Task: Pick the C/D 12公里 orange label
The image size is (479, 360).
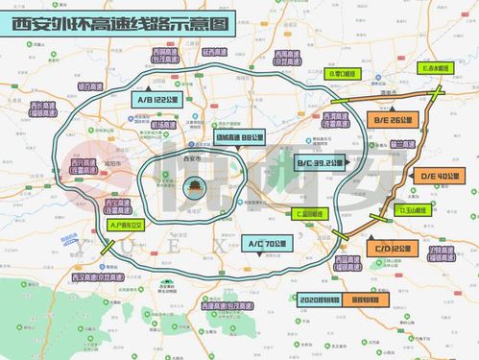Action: (x=393, y=248)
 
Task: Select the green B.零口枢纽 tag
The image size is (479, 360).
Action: (x=343, y=72)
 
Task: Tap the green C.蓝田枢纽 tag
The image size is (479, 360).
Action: (x=312, y=213)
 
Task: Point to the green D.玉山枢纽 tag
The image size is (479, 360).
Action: (x=413, y=208)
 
